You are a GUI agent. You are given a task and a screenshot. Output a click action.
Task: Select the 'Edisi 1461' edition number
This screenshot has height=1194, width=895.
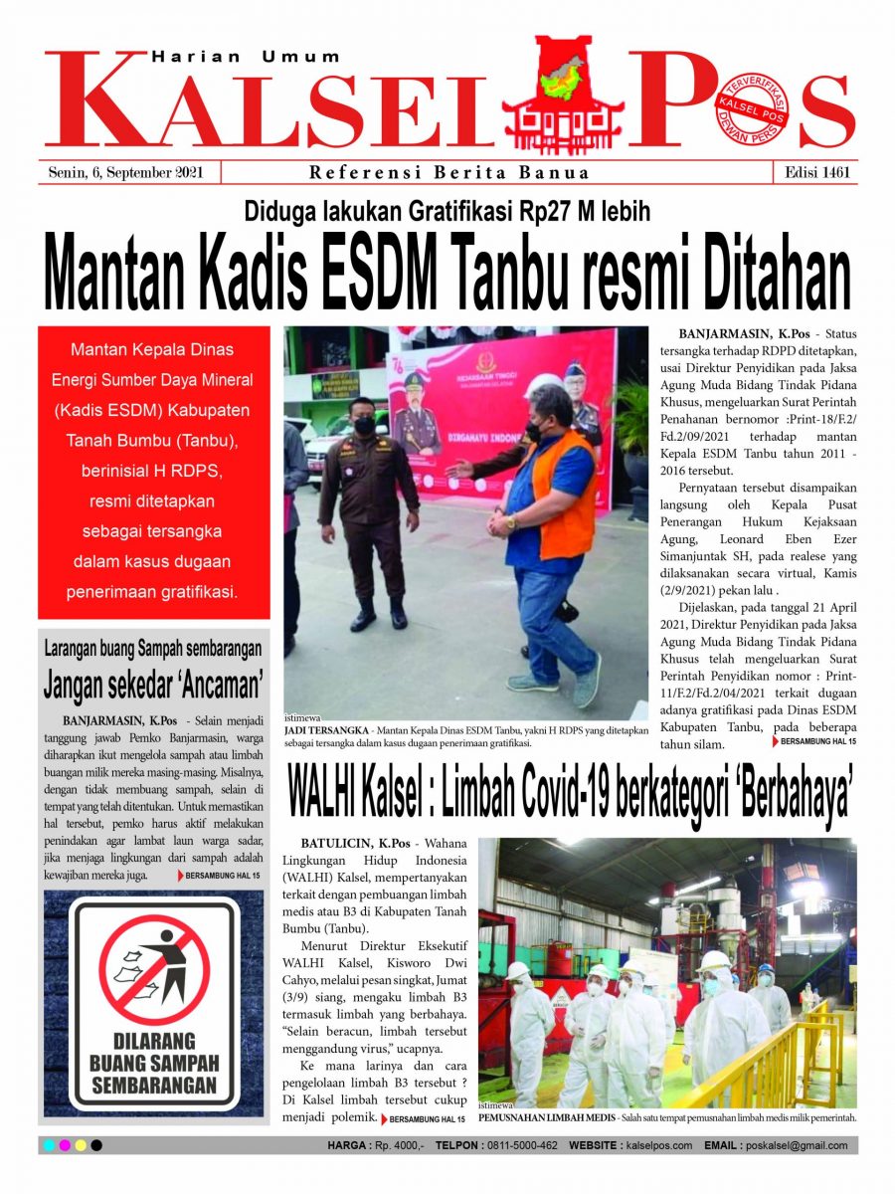[814, 172]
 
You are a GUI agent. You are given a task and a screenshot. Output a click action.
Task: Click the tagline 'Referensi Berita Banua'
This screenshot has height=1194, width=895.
[449, 172]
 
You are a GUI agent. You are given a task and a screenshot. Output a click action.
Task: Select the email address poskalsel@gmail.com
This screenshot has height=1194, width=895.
[801, 1146]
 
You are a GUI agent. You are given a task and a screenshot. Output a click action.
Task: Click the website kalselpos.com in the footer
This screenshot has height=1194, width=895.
[659, 1146]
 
